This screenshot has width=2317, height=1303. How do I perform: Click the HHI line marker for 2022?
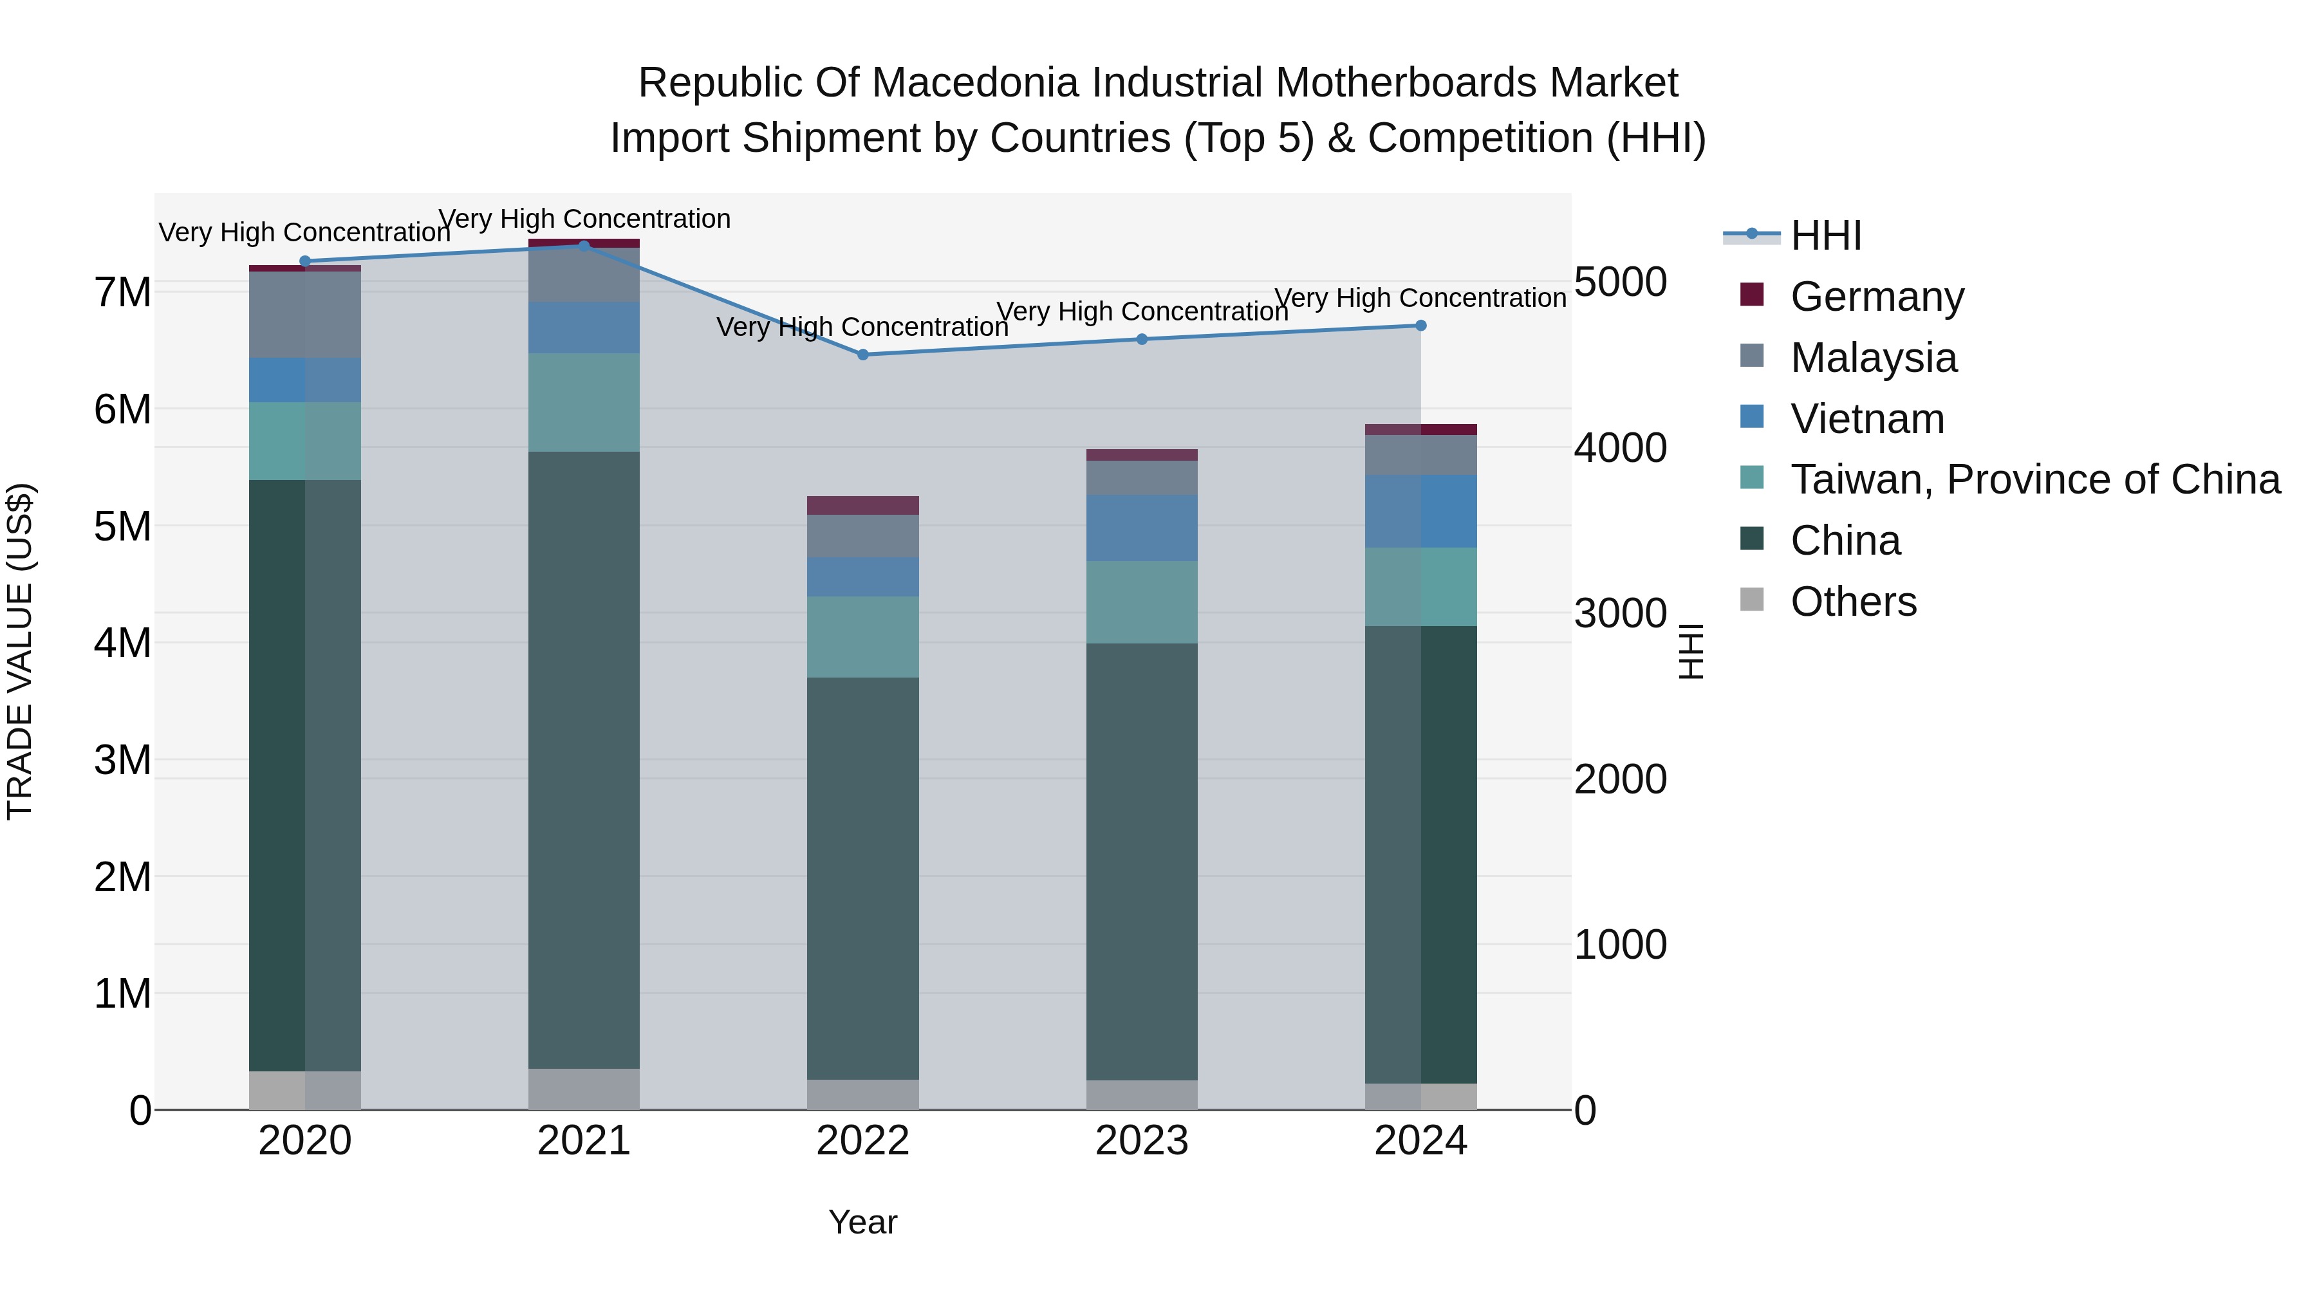click(862, 355)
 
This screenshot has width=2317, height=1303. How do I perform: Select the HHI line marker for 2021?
click(584, 246)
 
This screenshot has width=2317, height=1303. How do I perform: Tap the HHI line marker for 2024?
click(1420, 326)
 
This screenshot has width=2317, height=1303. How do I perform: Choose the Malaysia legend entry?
click(1873, 357)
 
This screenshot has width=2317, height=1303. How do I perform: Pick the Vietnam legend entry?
click(1866, 418)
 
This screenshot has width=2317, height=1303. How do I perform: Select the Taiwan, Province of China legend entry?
click(2034, 479)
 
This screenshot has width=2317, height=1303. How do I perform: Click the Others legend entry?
click(1853, 602)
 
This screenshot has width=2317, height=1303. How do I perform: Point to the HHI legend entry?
click(1825, 236)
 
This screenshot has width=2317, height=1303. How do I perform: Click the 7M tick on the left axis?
click(122, 292)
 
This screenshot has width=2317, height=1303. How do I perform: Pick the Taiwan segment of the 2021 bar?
click(584, 402)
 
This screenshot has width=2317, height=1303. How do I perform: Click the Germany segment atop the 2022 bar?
click(862, 505)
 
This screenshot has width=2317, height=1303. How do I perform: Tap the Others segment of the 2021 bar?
click(584, 1089)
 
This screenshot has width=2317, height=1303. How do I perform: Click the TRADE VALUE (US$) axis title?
click(20, 651)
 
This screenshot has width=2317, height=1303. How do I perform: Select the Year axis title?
click(862, 1222)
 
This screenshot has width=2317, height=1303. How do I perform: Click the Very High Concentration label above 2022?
click(862, 326)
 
